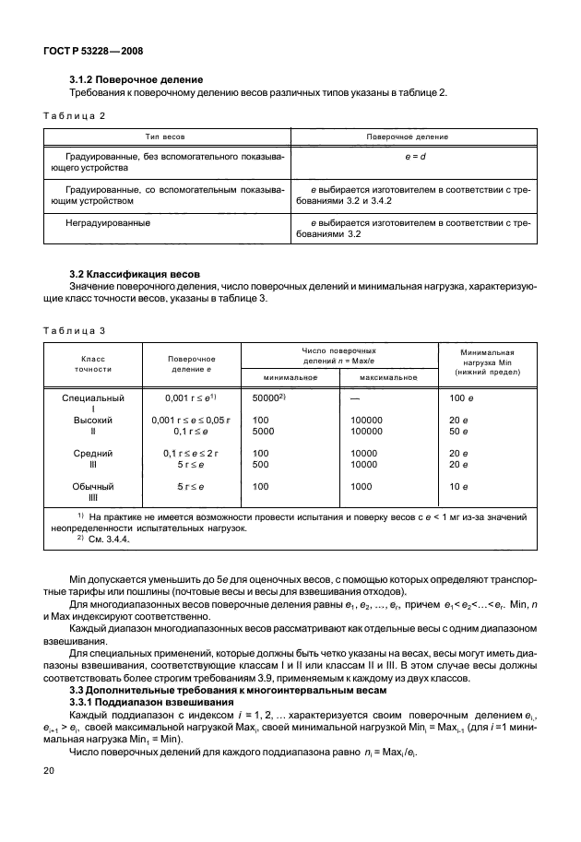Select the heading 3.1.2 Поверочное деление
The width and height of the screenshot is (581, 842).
(x=136, y=79)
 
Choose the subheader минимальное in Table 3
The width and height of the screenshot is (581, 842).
(x=290, y=376)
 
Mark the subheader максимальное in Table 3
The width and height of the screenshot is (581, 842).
(x=390, y=376)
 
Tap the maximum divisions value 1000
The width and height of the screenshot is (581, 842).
(x=364, y=485)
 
